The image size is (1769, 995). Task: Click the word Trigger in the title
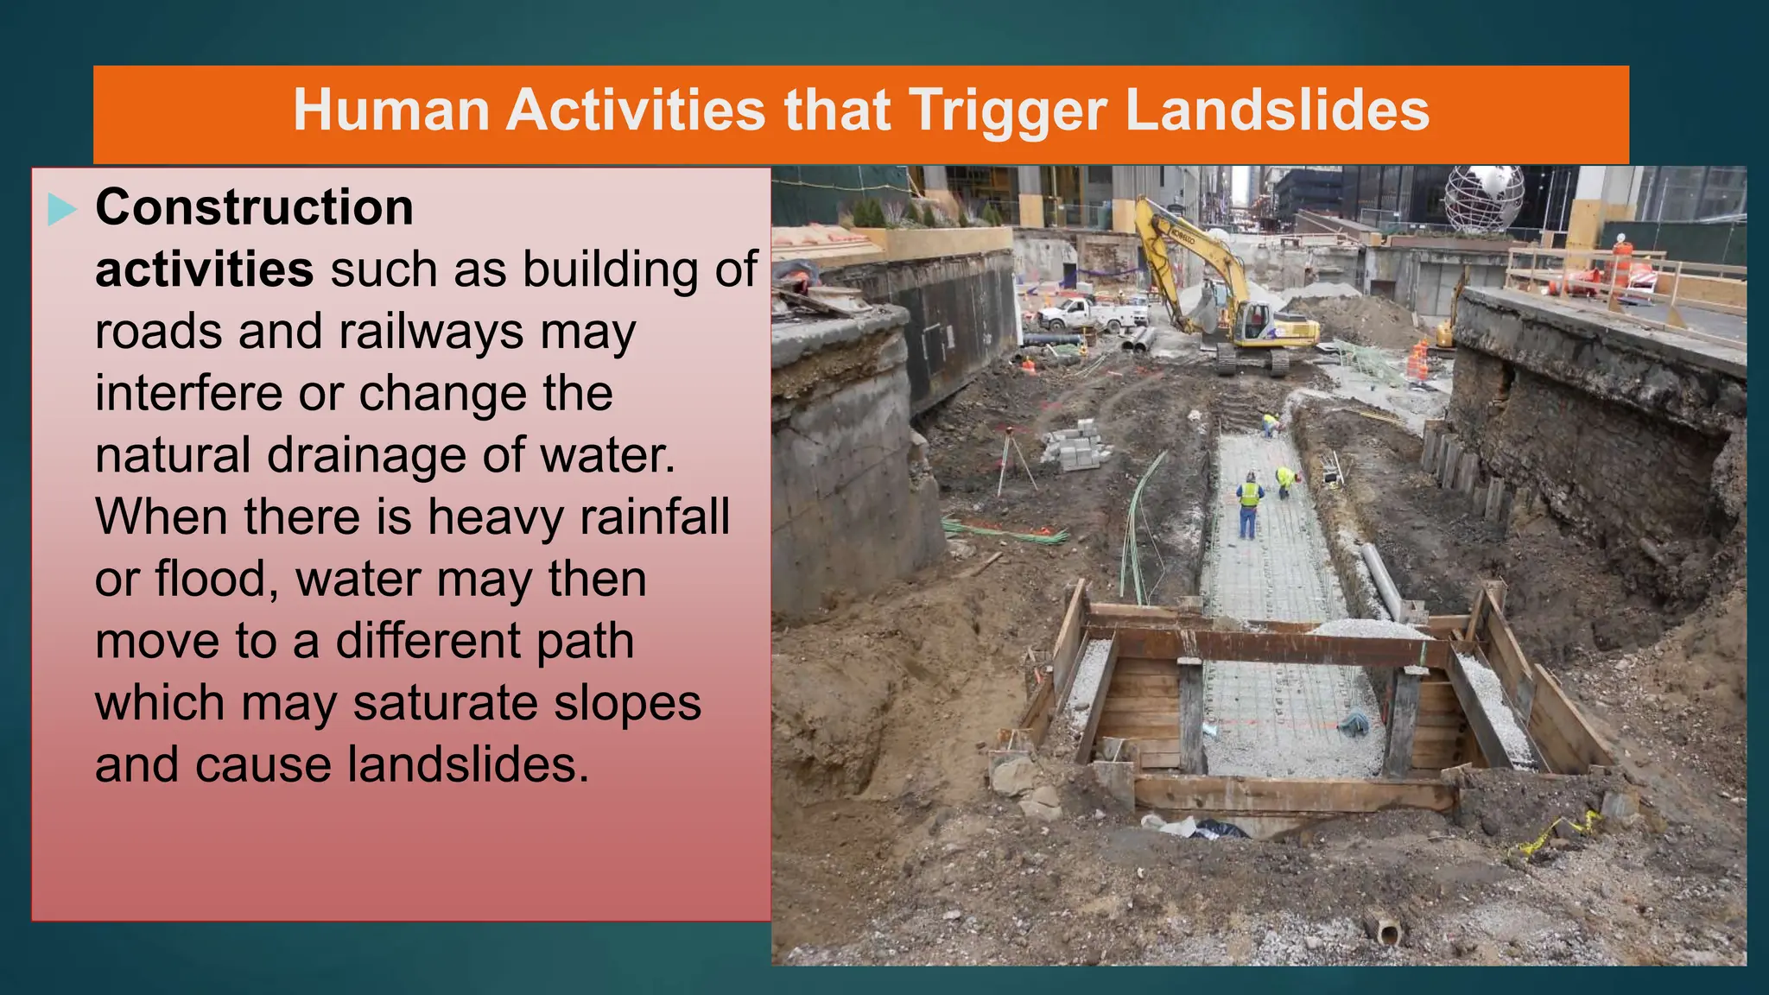pos(1007,111)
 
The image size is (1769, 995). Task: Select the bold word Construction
pos(254,208)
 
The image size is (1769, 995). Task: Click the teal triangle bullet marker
pos(61,209)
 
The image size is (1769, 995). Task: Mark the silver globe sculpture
pos(1484,198)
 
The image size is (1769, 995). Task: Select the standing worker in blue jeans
pos(1248,505)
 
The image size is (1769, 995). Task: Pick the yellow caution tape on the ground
pos(1555,834)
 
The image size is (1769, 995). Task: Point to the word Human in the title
pos(391,111)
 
